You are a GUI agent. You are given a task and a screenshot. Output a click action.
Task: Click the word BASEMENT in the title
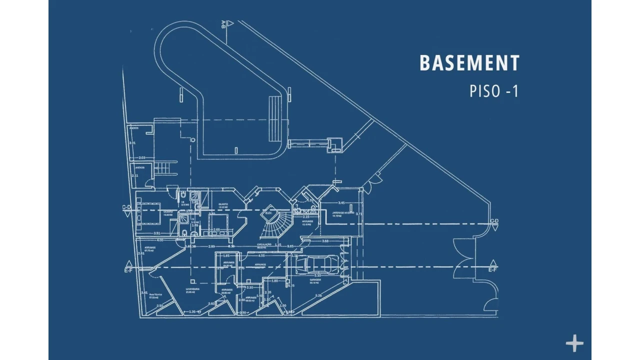[469, 63]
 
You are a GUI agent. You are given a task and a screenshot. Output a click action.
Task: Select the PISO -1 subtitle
[494, 91]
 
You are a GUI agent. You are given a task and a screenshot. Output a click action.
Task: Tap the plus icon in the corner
[574, 344]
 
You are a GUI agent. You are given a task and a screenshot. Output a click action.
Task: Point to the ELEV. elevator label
[268, 213]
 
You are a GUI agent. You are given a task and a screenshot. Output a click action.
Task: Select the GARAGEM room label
[314, 280]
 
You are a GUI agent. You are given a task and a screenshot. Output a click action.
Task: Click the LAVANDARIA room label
[192, 289]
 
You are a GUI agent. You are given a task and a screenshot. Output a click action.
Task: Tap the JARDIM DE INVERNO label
[343, 212]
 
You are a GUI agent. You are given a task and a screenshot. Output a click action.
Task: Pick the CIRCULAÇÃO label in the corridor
[264, 244]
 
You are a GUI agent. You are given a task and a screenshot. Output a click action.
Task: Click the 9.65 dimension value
[290, 246]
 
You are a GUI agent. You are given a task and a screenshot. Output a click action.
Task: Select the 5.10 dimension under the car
[317, 275]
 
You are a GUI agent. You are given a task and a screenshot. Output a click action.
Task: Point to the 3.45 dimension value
[341, 203]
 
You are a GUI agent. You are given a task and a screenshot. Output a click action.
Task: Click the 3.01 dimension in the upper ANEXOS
[132, 143]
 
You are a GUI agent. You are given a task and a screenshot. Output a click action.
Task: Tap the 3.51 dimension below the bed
[157, 233]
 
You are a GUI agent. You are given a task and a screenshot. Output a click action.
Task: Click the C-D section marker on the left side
[127, 207]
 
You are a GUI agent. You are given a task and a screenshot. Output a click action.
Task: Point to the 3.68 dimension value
[325, 241]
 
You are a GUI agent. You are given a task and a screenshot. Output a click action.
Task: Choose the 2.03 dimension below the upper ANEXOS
[142, 158]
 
